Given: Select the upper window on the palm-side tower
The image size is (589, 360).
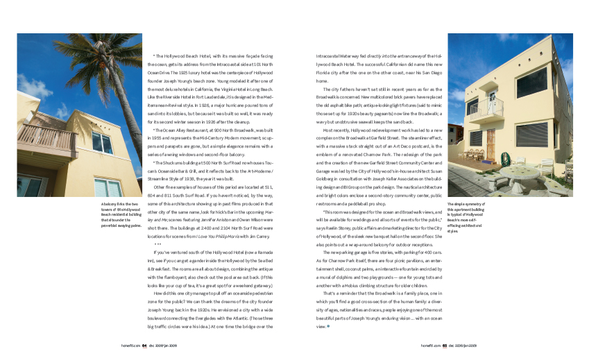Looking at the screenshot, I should [x=102, y=143].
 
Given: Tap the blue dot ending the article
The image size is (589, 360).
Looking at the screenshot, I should [x=328, y=325].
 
